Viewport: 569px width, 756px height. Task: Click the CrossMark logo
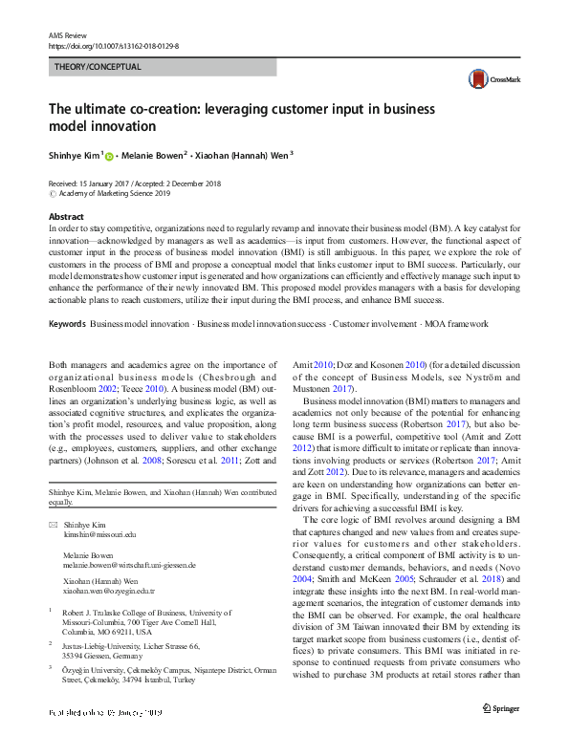pyautogui.click(x=485, y=79)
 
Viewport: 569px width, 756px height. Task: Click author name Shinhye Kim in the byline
pyautogui.click(x=74, y=156)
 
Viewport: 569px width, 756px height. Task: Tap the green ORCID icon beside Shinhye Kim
pyautogui.click(x=110, y=157)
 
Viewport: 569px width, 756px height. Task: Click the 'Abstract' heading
pyautogui.click(x=66, y=217)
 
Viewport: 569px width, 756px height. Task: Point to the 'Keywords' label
pyautogui.click(x=68, y=326)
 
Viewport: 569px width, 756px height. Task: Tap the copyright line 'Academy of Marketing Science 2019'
pyautogui.click(x=115, y=192)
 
